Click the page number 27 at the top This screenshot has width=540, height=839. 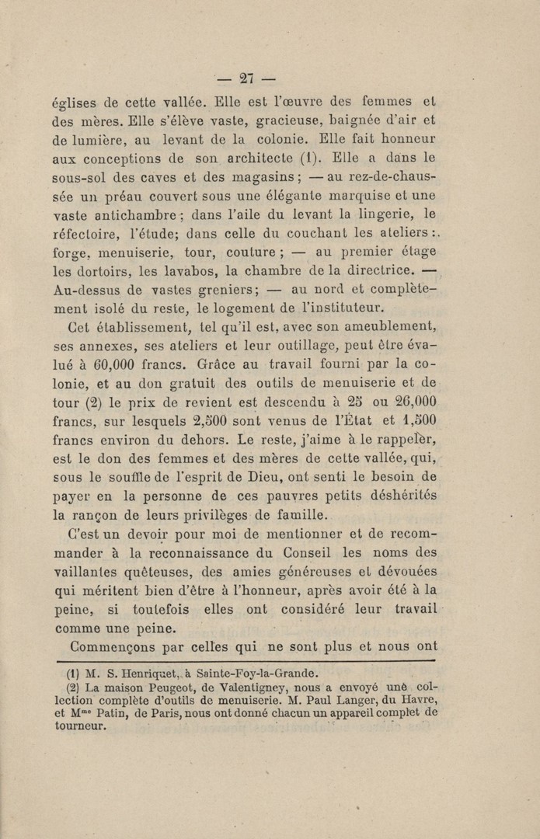coord(247,78)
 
